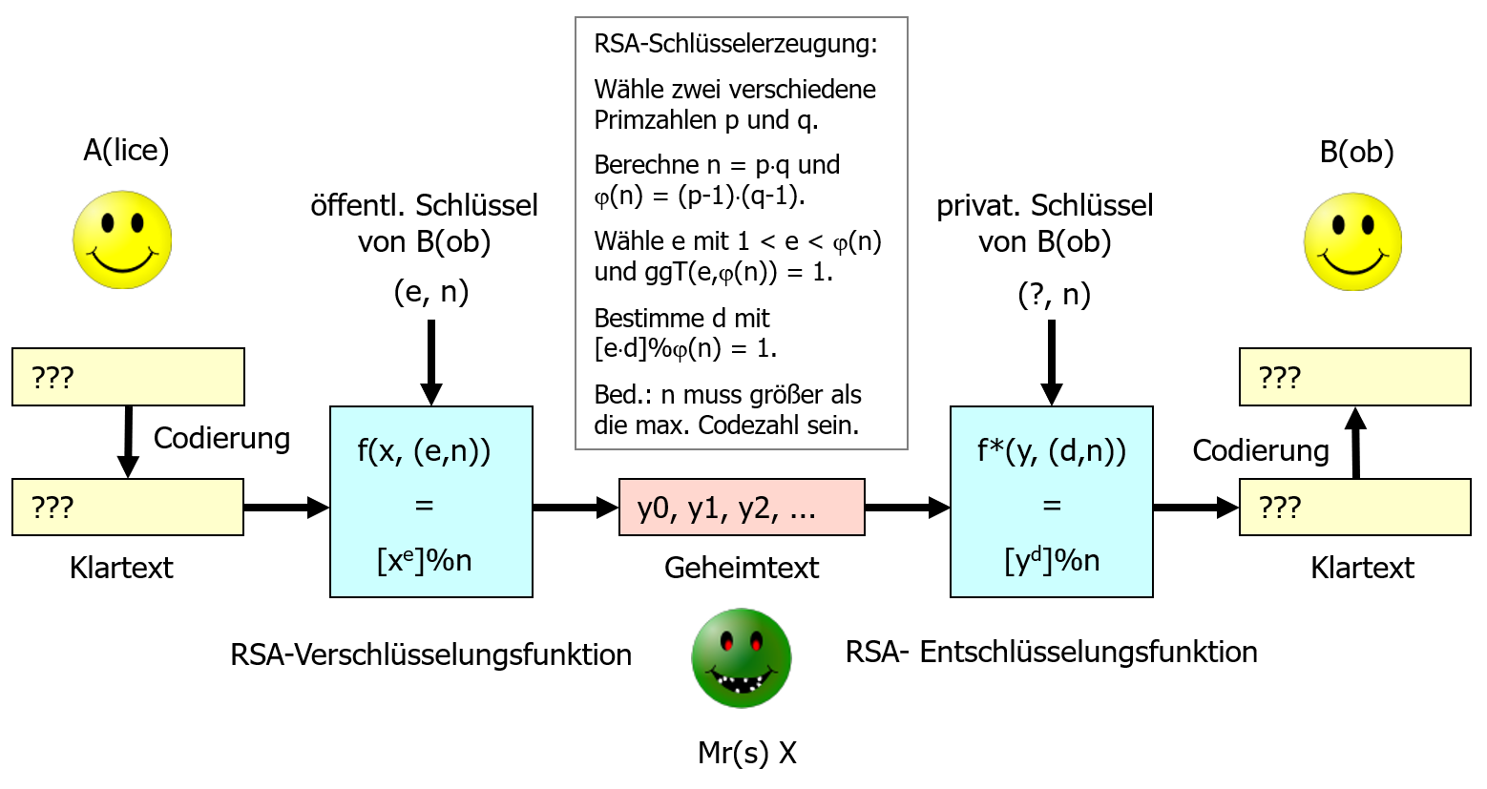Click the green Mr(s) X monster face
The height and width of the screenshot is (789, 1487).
742,658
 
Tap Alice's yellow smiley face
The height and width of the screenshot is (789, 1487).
122,239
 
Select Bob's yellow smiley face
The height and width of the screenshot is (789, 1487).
1352,241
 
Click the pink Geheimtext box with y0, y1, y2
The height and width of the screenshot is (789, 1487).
742,508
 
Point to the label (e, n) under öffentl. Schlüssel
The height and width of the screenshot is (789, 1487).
431,291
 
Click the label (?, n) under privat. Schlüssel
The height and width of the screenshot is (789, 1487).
1054,294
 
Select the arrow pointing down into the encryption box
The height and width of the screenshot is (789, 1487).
431,363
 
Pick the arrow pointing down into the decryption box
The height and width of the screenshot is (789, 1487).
1052,363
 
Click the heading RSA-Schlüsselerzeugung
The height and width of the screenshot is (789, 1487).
735,44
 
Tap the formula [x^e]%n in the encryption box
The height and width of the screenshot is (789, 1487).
425,560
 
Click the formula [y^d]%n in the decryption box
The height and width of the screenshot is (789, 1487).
1052,560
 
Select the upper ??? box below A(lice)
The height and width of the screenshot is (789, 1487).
128,377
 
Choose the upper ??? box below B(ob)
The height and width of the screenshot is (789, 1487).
1354,377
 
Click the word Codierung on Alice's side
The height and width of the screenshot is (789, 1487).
221,438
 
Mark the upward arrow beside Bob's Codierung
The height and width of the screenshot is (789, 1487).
1355,444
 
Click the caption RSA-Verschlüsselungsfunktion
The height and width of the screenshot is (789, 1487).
430,654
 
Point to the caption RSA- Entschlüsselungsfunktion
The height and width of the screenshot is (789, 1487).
1051,652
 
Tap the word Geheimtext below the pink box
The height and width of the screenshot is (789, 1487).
742,568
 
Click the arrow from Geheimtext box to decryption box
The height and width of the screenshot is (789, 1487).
907,508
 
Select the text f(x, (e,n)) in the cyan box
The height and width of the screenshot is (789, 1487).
424,450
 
